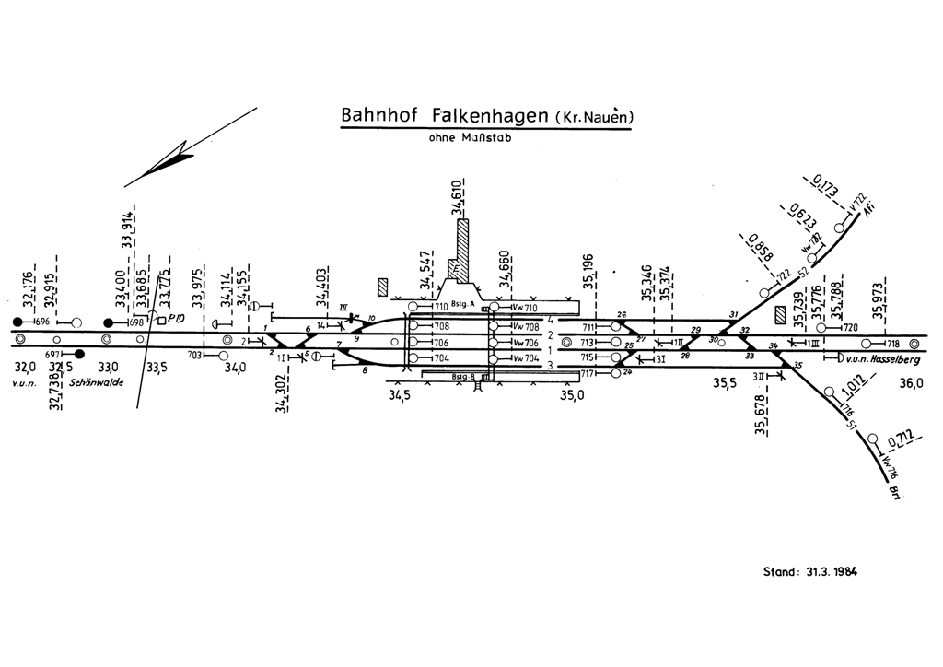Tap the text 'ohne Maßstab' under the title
click(469, 138)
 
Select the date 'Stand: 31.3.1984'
click(810, 571)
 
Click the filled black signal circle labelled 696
click(17, 322)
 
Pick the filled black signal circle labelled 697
click(79, 354)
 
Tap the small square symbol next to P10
click(161, 321)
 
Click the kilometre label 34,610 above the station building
click(457, 198)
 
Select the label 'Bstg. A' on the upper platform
click(463, 302)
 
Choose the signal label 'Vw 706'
click(525, 343)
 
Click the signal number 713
click(588, 342)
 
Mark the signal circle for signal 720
click(821, 327)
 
